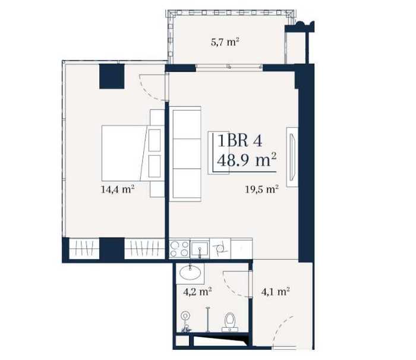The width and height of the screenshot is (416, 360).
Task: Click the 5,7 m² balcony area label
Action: (223, 42)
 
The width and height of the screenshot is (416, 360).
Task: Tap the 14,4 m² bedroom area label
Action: (118, 190)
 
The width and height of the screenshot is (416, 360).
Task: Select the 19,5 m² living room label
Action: (261, 190)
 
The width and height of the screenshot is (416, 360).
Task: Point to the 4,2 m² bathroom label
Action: (197, 292)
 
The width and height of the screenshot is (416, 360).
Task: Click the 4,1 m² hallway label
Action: (275, 292)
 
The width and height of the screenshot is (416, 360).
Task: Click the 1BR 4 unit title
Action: (240, 141)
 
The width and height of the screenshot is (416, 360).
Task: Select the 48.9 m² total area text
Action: (247, 160)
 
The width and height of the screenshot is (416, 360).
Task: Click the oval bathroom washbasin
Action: (190, 273)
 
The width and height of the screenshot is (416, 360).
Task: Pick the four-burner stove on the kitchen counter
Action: (179, 249)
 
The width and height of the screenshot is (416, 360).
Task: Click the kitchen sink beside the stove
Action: (200, 249)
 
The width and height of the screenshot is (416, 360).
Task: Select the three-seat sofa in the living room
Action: (185, 154)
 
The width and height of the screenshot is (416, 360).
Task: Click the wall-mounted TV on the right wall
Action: (292, 157)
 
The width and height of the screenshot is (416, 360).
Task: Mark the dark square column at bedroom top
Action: (112, 76)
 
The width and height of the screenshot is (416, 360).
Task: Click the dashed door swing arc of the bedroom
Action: (148, 90)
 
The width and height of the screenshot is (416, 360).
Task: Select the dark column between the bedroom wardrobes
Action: (112, 249)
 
